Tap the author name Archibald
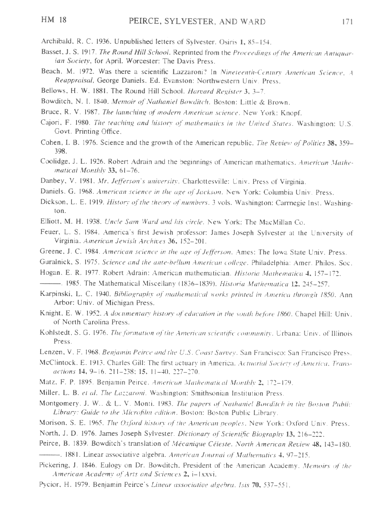[55, 41]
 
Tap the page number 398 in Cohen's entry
[60, 151]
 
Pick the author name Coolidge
[54, 161]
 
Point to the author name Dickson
[53, 202]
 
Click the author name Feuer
[49, 232]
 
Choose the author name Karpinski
[55, 293]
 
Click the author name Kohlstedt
[55, 333]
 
